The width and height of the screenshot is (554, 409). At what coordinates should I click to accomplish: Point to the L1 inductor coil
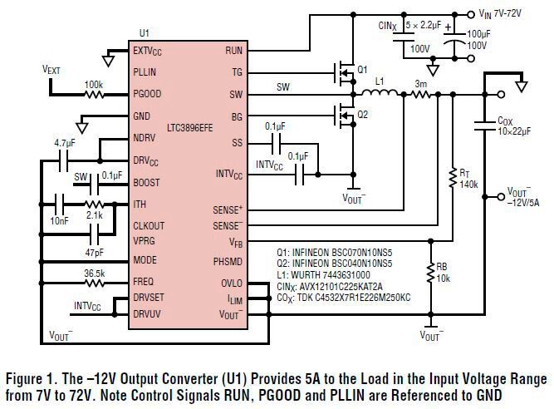[x=382, y=94]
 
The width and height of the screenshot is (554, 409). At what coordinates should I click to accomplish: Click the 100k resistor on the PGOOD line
[x=93, y=95]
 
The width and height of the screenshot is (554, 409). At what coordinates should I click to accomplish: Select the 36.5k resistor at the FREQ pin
[x=93, y=282]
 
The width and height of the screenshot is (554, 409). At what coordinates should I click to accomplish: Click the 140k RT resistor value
[x=469, y=184]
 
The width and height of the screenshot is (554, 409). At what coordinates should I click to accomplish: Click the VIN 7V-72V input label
[x=507, y=13]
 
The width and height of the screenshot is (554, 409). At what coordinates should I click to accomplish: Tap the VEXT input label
[x=51, y=71]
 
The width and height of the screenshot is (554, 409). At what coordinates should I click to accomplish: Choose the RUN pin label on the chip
[x=233, y=51]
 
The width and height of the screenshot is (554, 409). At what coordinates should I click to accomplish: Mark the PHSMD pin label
[x=228, y=261]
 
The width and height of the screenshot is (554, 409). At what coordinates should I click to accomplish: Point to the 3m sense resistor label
[x=421, y=83]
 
